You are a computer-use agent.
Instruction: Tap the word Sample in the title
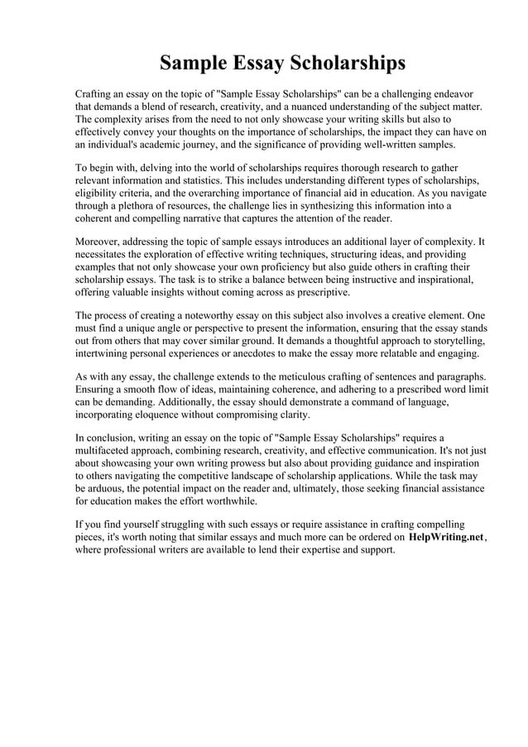(190, 64)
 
